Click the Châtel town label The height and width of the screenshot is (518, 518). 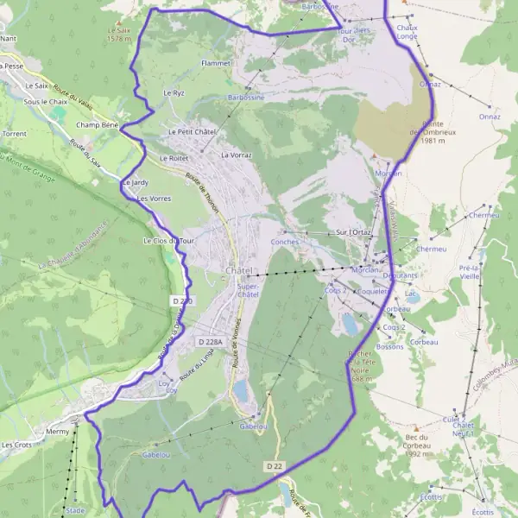click(239, 271)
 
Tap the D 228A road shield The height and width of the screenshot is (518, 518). click(210, 342)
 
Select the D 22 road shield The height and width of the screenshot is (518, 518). click(274, 466)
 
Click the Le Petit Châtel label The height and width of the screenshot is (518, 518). click(191, 131)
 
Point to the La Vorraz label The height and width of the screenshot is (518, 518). click(236, 155)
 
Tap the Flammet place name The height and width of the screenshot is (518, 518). click(215, 64)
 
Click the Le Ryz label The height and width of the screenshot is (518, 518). click(174, 92)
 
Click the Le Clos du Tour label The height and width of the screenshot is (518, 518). click(169, 241)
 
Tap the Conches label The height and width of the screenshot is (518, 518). click(285, 243)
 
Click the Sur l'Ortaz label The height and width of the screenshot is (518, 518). click(354, 233)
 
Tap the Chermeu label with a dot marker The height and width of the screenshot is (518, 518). click(483, 215)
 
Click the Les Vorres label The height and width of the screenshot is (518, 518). click(154, 199)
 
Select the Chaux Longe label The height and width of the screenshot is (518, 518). click(407, 32)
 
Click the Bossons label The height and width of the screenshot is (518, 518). click(390, 346)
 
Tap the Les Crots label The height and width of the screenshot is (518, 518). click(16, 445)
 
